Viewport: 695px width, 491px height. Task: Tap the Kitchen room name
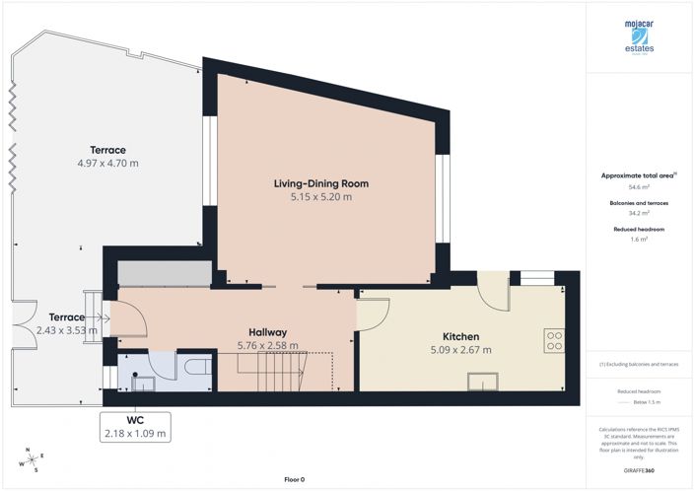460,336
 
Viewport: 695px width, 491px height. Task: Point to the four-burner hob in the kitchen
555,341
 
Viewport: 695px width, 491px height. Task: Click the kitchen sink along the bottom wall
485,382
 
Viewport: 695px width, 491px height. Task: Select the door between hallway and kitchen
371,314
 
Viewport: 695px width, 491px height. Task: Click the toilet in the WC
194,368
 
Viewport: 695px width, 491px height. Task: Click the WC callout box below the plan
135,425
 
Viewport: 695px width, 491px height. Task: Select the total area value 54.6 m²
640,185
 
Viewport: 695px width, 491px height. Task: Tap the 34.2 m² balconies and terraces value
640,212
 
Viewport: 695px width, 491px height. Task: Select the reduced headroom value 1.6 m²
640,239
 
